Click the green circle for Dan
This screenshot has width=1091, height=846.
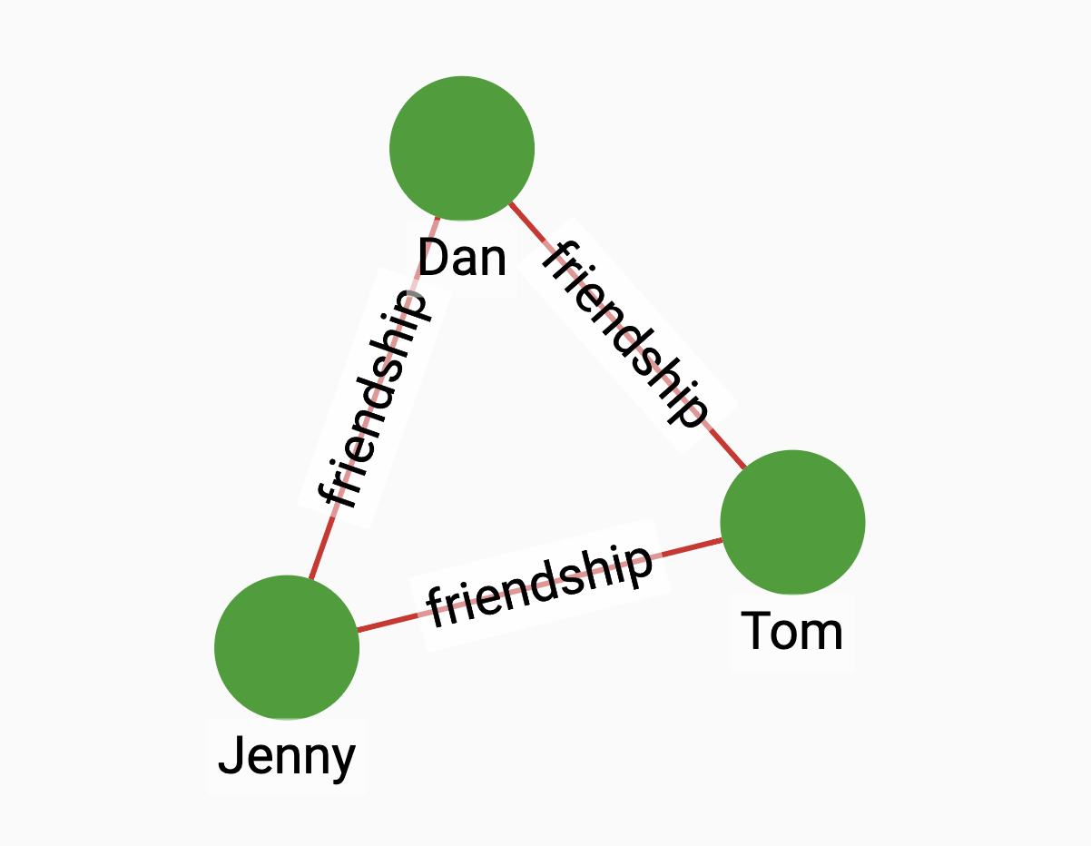(462, 148)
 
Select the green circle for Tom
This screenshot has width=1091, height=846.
(792, 522)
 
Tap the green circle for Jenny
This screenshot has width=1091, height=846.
(287, 647)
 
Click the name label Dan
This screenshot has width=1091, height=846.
(462, 260)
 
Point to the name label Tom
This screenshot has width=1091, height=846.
(792, 631)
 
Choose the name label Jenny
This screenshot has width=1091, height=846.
(287, 756)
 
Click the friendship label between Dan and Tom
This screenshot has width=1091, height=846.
(624, 333)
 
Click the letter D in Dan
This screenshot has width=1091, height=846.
(433, 260)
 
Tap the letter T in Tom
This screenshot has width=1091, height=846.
(756, 631)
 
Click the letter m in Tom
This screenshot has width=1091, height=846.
(825, 634)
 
